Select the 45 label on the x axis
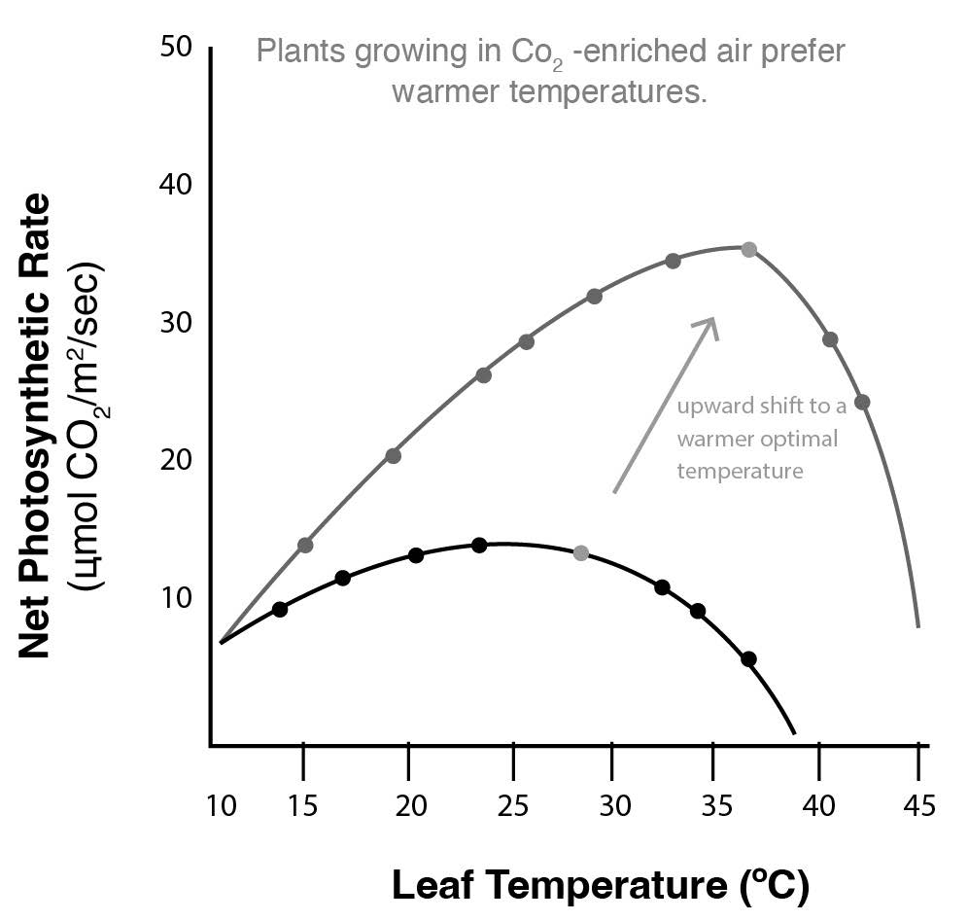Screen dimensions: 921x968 point(919,806)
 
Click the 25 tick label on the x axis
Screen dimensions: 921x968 point(511,806)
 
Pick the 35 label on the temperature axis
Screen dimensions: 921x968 point(715,806)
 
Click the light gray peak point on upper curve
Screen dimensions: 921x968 point(748,249)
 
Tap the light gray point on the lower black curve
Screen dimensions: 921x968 point(581,552)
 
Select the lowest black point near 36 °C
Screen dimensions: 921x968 point(748,658)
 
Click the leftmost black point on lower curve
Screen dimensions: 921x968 point(280,609)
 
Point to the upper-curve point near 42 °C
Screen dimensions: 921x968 point(862,402)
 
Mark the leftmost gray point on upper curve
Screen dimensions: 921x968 point(305,545)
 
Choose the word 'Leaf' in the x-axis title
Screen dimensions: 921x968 point(433,886)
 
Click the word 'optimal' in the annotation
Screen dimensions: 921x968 point(800,439)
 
